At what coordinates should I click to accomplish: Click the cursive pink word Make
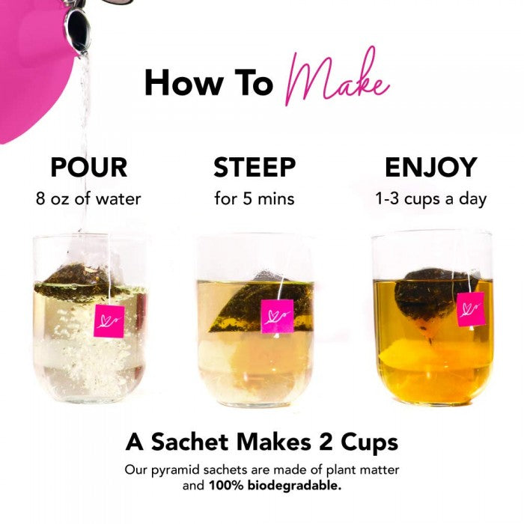point(338,79)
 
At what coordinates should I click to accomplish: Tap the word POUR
point(89,167)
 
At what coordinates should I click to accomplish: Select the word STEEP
point(255,167)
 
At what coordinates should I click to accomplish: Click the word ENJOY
point(430,167)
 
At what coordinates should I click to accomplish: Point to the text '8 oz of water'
point(88,198)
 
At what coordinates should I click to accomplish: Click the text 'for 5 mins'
point(255,198)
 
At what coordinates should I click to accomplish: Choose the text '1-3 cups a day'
point(430,199)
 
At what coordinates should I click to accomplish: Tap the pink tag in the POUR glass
point(109,321)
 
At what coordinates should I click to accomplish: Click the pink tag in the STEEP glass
point(277,316)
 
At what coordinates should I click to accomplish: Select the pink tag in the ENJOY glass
point(471,309)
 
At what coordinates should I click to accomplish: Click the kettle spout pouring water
point(78,30)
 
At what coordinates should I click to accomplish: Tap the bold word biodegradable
point(294,485)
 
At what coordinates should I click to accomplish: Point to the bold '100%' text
point(226,486)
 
